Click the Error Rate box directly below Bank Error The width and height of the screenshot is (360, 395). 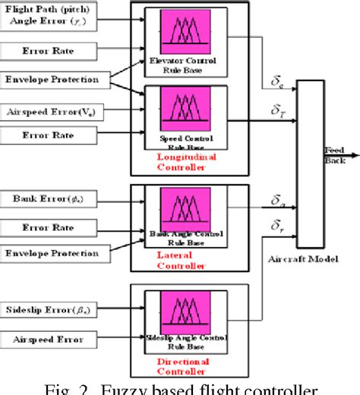(50, 226)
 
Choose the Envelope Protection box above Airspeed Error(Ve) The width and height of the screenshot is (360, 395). (50, 80)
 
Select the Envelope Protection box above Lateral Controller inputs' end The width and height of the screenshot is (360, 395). (50, 251)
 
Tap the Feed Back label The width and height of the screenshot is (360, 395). (335, 153)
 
